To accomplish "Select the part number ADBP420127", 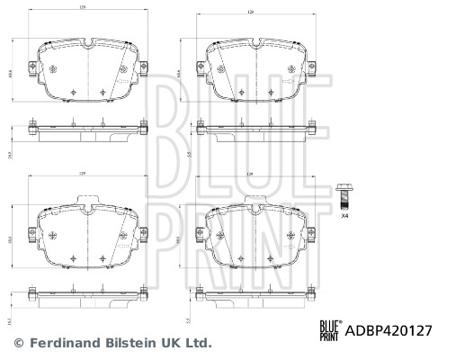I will (x=388, y=329).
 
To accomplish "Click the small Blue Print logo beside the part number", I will (x=329, y=329).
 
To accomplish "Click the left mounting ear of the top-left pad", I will (x=33, y=66).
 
